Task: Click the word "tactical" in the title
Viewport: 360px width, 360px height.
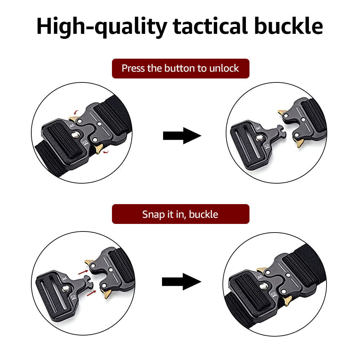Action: (211, 26)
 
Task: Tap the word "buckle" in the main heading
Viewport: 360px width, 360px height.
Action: (289, 26)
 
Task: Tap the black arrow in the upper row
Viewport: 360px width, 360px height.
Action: (182, 136)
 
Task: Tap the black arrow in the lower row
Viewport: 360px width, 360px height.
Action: (181, 282)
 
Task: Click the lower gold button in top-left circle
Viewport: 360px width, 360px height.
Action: (99, 149)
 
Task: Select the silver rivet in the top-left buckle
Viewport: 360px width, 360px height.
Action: (75, 135)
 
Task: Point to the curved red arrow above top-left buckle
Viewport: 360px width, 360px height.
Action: (76, 112)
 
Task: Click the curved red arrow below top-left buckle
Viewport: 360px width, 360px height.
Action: (106, 152)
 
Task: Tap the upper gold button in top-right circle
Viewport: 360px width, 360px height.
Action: (282, 112)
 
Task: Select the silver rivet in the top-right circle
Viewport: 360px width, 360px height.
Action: (260, 138)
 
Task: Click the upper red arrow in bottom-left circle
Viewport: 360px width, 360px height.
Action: (83, 272)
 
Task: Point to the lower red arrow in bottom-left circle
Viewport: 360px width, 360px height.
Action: (91, 293)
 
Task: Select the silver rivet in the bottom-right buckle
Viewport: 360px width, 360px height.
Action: (263, 286)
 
